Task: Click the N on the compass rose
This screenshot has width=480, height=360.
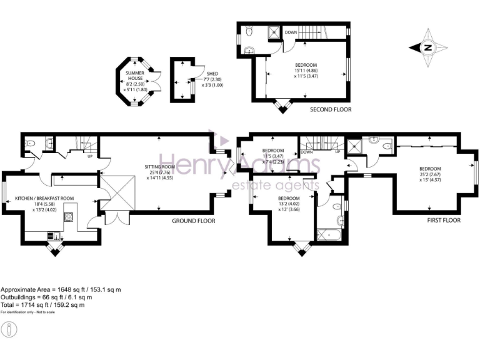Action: pos(427,47)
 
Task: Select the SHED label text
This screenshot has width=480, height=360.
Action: pos(212,73)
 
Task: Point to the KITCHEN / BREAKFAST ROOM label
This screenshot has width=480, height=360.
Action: pos(44,198)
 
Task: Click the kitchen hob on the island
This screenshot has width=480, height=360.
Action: pos(69,216)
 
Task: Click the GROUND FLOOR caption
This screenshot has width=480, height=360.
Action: pos(194,221)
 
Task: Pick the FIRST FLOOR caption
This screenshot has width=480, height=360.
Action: pos(444,221)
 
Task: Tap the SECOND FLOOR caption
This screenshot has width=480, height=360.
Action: pos(331,109)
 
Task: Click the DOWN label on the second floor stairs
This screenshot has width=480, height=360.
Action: pos(291,32)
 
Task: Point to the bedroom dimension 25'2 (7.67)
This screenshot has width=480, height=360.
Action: pos(430,174)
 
